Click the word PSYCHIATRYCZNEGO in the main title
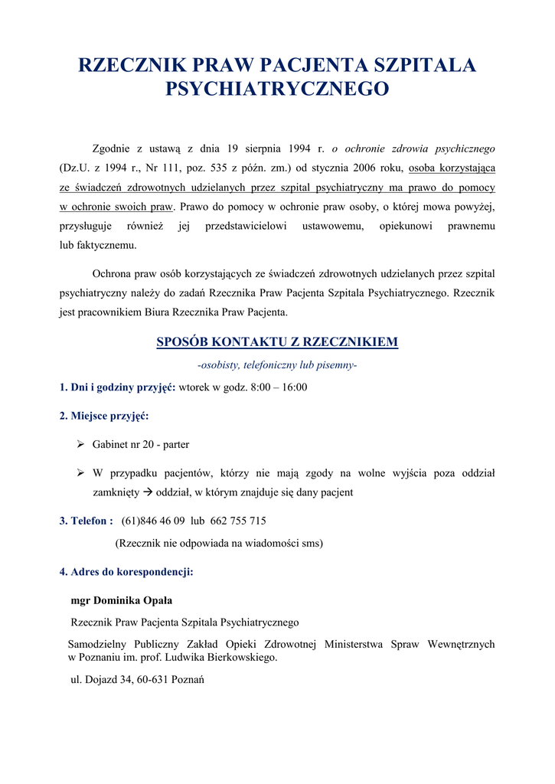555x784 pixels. (x=277, y=90)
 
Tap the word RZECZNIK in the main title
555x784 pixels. (x=127, y=65)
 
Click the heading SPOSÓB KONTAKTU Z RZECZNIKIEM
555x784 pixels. (x=277, y=341)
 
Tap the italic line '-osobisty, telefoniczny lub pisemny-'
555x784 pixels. (x=277, y=365)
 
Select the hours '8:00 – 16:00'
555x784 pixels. (x=279, y=387)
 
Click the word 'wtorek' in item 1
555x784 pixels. (x=194, y=387)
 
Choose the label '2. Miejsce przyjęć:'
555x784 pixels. (x=104, y=416)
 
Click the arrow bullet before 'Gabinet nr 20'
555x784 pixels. (x=80, y=444)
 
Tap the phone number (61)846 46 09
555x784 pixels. (x=153, y=521)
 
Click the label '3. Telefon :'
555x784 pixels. (x=87, y=521)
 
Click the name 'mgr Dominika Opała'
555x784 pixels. (x=126, y=600)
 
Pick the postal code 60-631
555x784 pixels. (x=153, y=679)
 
